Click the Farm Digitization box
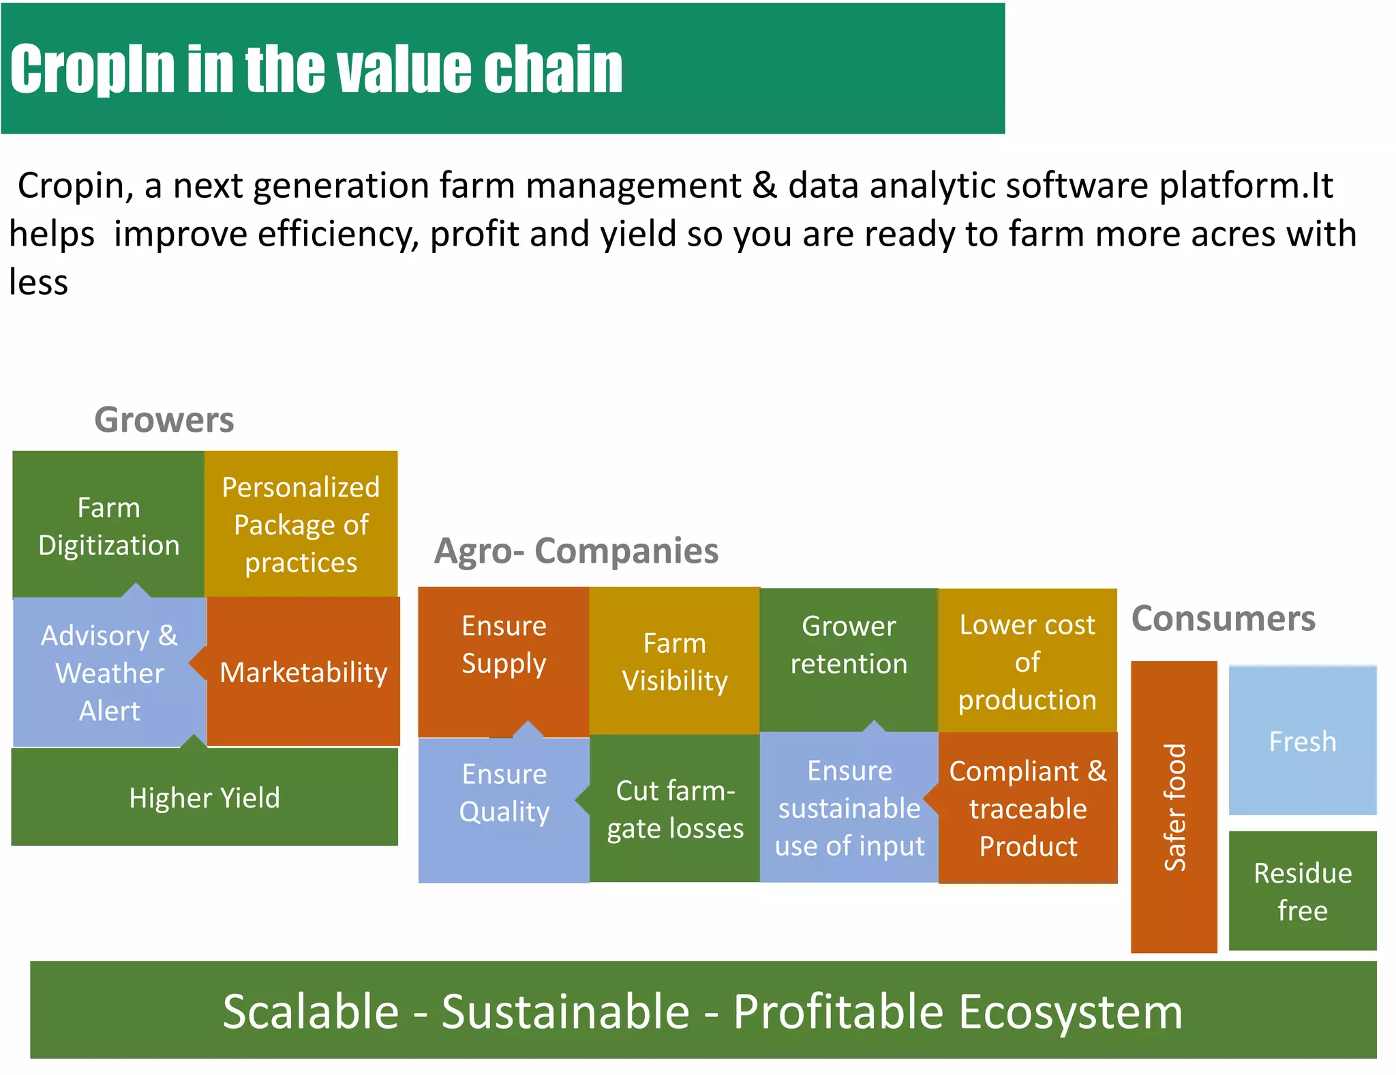pos(108,525)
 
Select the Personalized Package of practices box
pos(301,524)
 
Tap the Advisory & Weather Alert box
pos(109,673)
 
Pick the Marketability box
pos(303,672)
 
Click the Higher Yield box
pos(204,797)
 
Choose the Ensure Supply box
pos(504,645)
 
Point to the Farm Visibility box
pos(674,661)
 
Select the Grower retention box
pos(849,645)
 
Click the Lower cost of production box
pos(1027,661)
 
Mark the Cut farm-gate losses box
pos(675,809)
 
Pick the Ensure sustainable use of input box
pos(849,808)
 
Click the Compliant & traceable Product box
pos(1028,808)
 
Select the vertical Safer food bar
pos(1174,806)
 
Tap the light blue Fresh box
pos(1302,741)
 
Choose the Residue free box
pos(1302,891)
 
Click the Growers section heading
pos(164,419)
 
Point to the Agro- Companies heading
pos(577,550)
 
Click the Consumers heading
pos(1223,619)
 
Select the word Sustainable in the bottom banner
pos(565,1011)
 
